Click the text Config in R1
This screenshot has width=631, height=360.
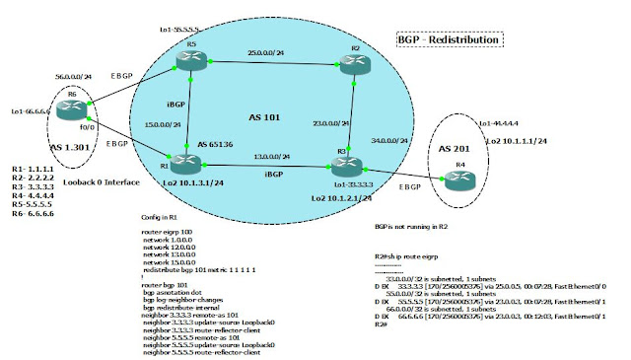(166, 217)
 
